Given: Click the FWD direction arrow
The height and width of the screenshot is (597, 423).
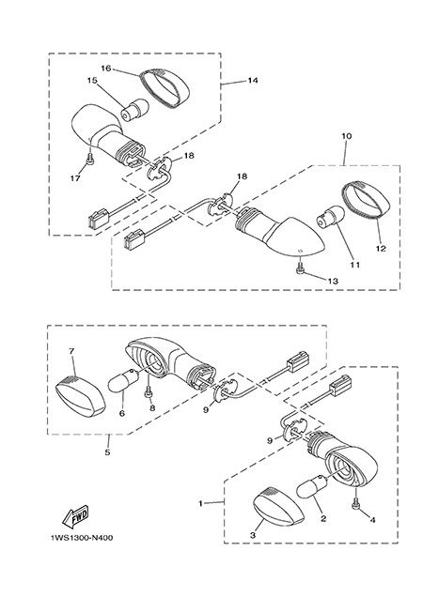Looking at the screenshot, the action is [76, 516].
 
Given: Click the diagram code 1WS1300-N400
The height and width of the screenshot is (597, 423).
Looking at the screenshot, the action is [82, 538].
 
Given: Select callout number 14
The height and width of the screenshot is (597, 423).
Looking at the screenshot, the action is [253, 81].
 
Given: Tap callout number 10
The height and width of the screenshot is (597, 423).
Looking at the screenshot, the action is [347, 136].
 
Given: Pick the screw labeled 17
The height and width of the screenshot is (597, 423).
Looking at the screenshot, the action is [90, 161].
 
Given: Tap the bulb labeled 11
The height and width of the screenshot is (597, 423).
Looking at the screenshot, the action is [330, 222].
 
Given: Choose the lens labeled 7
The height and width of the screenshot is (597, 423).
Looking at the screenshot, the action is [80, 395].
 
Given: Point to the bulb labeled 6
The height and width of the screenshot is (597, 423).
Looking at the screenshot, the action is [122, 382].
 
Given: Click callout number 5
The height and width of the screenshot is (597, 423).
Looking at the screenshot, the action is [107, 452].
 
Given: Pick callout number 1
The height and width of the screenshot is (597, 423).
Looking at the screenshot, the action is [201, 503].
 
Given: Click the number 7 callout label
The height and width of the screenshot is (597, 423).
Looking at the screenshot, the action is [71, 351].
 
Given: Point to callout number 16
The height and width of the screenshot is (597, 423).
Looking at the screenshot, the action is [106, 69].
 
